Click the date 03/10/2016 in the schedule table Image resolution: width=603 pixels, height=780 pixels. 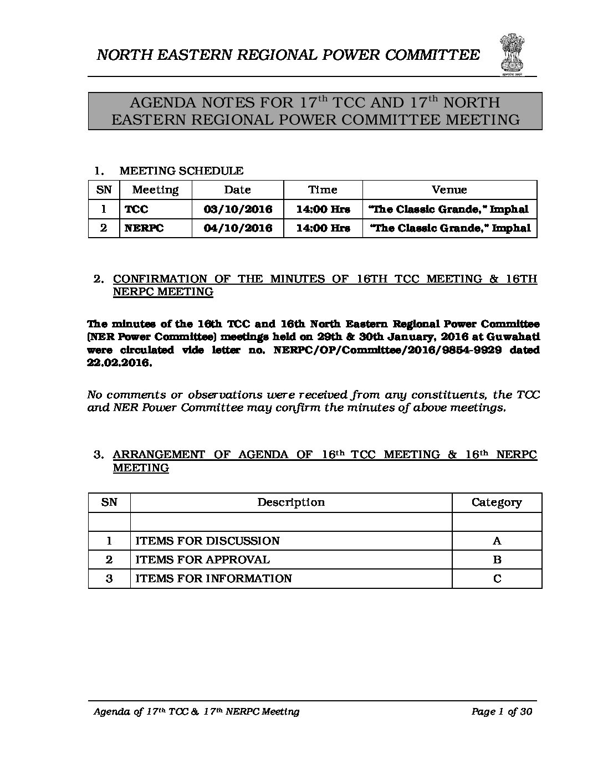(238, 209)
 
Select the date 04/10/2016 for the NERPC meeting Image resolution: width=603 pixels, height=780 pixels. (238, 228)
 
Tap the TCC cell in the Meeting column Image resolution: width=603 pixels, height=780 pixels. (137, 209)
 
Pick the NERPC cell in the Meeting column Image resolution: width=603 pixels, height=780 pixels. (144, 228)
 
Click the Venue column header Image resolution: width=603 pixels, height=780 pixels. (449, 190)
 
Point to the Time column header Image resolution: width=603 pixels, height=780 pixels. (323, 190)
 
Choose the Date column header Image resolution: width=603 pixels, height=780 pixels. (238, 190)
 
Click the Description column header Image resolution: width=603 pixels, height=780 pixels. (291, 502)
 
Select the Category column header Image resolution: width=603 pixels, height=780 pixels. (497, 502)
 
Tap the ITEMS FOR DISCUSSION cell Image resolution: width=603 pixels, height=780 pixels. (208, 541)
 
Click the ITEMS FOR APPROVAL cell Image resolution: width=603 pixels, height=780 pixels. (203, 560)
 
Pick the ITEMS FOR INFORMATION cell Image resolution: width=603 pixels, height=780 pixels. (214, 579)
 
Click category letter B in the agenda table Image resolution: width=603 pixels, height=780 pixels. (497, 560)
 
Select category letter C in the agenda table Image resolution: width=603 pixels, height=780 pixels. (497, 579)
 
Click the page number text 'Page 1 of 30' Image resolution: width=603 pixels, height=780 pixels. (502, 712)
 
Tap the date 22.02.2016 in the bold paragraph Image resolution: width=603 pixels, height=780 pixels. (119, 364)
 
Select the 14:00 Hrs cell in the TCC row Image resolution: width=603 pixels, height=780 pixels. (323, 209)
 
